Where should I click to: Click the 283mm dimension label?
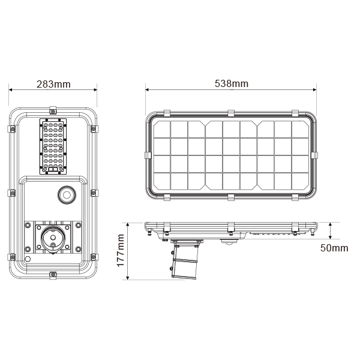[53, 84]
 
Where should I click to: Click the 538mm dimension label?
[232, 83]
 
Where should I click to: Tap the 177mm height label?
[121, 251]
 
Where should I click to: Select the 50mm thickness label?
[334, 248]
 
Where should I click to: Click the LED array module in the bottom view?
[53, 146]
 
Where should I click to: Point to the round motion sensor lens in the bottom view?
[67, 195]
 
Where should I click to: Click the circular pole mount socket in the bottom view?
[53, 239]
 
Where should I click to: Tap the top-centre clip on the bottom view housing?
[53, 110]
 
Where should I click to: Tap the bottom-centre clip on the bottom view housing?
[53, 275]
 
